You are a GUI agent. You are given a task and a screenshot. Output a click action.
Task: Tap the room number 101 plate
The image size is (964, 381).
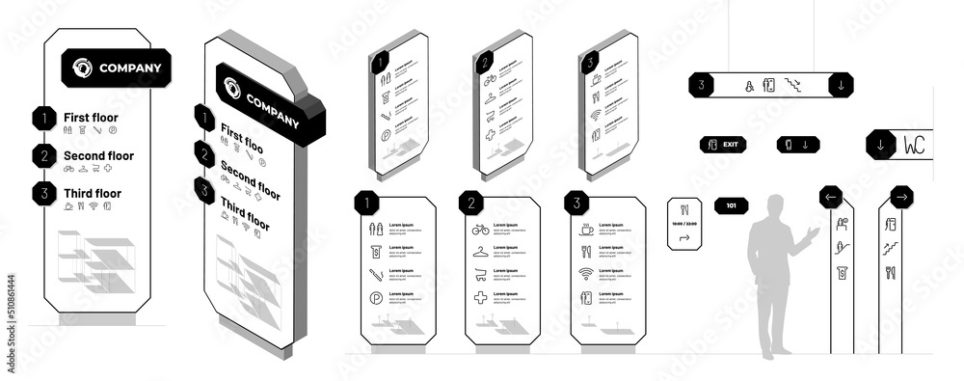coord(731,204)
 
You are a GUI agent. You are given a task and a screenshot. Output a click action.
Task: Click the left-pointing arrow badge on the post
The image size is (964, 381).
coord(831,198)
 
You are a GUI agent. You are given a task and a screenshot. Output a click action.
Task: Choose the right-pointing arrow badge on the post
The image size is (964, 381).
coord(902,198)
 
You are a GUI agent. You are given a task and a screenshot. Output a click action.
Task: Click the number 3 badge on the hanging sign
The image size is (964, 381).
coord(703,85)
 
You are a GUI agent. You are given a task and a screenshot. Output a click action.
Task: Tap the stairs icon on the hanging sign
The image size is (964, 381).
coord(794,85)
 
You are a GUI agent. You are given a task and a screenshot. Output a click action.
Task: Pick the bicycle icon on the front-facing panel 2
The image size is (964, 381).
coord(480,230)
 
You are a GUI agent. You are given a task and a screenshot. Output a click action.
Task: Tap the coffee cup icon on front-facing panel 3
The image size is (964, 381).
coord(585,230)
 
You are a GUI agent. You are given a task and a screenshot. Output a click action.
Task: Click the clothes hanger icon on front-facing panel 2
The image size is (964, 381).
coord(480,253)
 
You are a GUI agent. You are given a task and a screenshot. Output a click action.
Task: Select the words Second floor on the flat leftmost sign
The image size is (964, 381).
coord(98,155)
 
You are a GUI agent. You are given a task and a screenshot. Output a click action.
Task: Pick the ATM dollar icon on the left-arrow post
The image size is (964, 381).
coord(841,272)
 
